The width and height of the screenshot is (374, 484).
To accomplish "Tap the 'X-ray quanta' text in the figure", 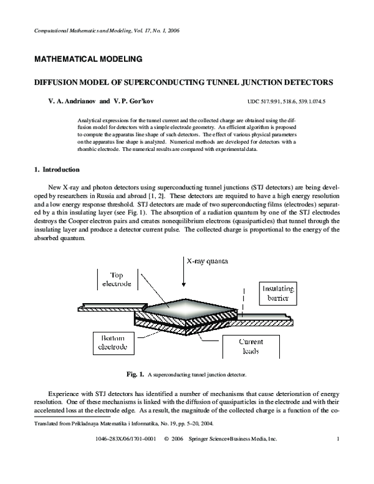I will pos(208,261).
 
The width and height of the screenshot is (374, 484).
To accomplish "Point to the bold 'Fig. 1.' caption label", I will pos(135,375).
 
